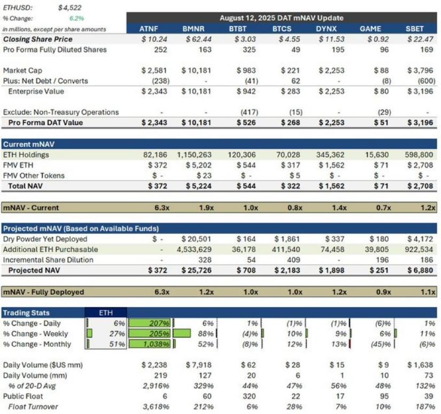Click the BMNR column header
click(193, 29)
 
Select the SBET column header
click(414, 29)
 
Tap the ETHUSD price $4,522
click(69, 8)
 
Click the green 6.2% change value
click(76, 19)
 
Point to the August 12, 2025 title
click(281, 18)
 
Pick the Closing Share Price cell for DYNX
click(331, 39)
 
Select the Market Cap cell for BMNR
click(196, 71)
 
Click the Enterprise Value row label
click(36, 91)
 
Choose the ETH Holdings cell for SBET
click(419, 154)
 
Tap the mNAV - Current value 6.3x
click(162, 208)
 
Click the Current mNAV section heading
click(29, 144)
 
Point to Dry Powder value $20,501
click(196, 239)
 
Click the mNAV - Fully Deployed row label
click(43, 292)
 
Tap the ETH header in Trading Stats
click(106, 313)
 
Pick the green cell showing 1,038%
click(150, 344)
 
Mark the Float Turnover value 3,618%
click(156, 407)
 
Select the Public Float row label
click(23, 396)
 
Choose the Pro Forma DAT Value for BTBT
click(246, 122)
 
